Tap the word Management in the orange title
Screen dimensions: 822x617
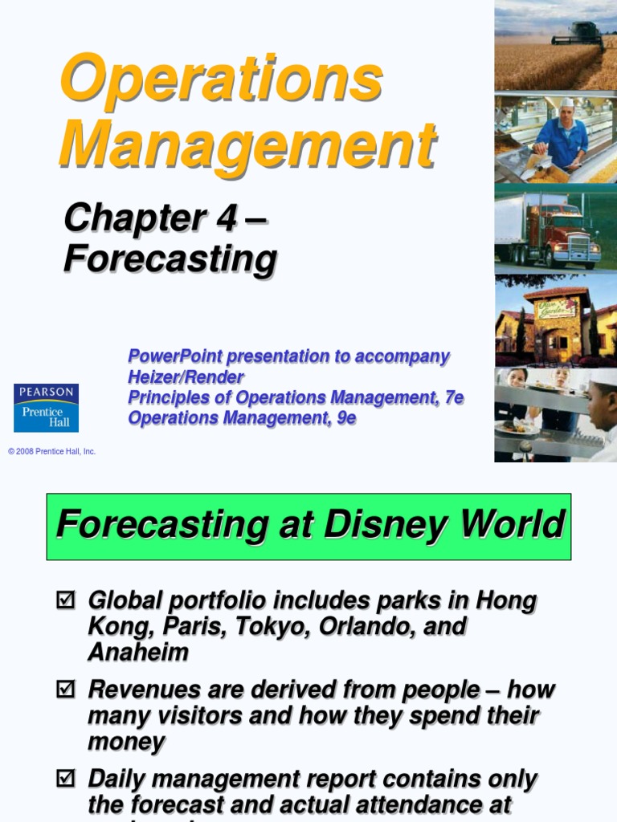247,144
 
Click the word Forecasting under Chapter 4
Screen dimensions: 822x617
170,259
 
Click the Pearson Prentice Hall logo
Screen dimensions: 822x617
46,408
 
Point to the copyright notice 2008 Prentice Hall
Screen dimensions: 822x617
52,452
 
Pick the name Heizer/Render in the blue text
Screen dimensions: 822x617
186,376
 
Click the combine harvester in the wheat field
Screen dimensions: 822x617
577,35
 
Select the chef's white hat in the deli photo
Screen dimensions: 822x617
567,103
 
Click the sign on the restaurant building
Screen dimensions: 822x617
557,308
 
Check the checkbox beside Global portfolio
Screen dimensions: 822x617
65,599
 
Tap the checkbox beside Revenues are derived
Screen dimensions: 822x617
65,689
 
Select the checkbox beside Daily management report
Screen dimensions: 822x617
65,778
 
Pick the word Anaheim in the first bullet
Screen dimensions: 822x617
137,652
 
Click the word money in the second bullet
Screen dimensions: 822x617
126,741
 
